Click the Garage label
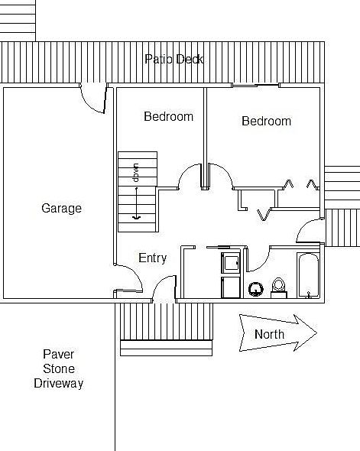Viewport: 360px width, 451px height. point(62,208)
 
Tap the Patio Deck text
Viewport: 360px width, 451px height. point(174,60)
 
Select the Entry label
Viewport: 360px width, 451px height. point(152,258)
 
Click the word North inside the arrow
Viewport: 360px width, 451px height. point(269,334)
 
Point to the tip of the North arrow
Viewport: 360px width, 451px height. point(317,333)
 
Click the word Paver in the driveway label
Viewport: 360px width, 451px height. point(59,354)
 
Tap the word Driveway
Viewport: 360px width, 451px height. point(59,384)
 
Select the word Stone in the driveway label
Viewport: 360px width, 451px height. point(59,368)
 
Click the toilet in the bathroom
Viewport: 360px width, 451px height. point(279,287)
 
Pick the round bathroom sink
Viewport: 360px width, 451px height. point(256,290)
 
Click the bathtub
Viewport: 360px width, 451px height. point(308,275)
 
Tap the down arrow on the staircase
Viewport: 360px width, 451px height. point(136,203)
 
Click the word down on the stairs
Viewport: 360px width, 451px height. point(136,173)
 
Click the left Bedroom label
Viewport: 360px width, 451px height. point(168,116)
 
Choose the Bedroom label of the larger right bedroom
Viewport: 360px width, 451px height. point(266,121)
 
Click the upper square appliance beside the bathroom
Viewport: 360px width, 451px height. point(231,263)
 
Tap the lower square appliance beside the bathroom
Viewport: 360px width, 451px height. point(231,287)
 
